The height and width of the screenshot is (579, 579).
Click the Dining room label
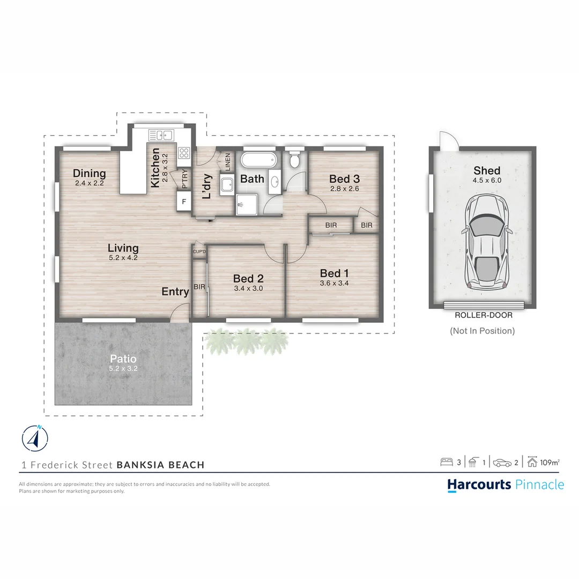click(x=90, y=173)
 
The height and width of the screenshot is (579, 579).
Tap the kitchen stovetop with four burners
click(x=184, y=153)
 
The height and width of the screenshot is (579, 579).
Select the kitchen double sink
click(x=160, y=135)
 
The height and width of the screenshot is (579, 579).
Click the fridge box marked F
click(x=184, y=202)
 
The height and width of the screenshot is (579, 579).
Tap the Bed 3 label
click(x=344, y=179)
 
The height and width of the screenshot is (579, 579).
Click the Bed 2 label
click(x=248, y=279)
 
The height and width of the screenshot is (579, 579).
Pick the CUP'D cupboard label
click(x=199, y=251)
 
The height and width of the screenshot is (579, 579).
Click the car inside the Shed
click(x=486, y=242)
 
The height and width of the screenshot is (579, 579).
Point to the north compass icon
click(x=35, y=438)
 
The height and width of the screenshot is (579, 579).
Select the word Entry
click(x=175, y=292)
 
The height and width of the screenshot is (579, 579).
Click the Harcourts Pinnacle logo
click(x=506, y=485)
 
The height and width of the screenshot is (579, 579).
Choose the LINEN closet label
click(x=227, y=162)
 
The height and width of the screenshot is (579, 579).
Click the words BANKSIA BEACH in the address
click(x=160, y=465)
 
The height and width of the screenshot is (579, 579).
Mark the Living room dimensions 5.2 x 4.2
click(x=123, y=257)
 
